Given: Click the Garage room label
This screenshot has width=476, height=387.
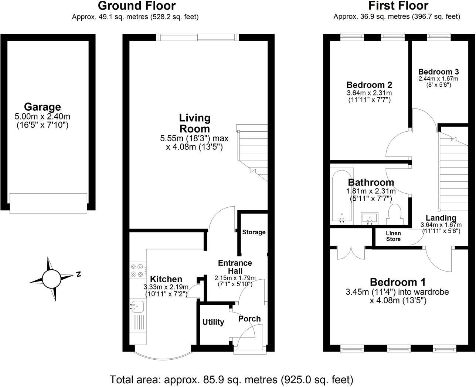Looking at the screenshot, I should tap(42, 107).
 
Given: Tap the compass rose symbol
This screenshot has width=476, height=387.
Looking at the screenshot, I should tap(51, 279).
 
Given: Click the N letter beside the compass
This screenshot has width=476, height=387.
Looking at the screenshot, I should tap(78, 274).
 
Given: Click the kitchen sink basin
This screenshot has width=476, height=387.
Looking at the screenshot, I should tap(138, 305).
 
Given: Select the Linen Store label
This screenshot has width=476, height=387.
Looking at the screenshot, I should tap(393, 236).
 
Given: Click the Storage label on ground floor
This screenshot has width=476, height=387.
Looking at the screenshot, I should tap(254, 232).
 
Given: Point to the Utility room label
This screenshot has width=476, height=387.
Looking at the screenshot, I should tap(213, 322).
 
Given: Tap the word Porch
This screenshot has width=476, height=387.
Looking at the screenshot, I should tap(249, 319).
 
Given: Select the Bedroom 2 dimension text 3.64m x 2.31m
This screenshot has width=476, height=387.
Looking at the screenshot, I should tap(369, 93).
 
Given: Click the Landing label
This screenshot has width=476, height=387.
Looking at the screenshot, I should tap(441, 218).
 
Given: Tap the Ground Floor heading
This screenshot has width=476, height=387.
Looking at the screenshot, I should tap(136, 6).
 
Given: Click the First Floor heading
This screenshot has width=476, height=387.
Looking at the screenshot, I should tap(398, 6).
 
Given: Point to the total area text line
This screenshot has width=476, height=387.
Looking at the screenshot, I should tap(231, 379).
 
